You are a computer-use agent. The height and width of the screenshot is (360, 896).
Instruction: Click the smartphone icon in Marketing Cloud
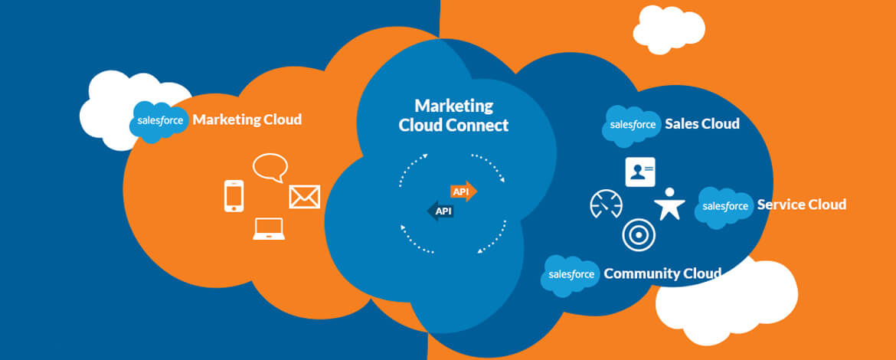click(234, 195)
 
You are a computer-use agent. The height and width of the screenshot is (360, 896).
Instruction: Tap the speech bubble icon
click(270, 167)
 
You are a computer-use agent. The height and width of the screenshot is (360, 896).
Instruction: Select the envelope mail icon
click(304, 197)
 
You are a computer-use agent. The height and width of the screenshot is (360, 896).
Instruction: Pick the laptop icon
click(268, 229)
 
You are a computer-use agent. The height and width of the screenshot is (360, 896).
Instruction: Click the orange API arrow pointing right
click(463, 191)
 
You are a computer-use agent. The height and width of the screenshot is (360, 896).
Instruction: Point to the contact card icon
click(640, 172)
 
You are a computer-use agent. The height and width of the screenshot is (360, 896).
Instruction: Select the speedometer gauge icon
click(606, 205)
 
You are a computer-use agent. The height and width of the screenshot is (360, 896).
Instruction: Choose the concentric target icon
click(637, 235)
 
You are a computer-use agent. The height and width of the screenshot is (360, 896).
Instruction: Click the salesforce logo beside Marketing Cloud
click(160, 121)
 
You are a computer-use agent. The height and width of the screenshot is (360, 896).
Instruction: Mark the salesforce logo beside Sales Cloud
click(632, 125)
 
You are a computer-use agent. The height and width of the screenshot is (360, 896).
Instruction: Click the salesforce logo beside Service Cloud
click(724, 206)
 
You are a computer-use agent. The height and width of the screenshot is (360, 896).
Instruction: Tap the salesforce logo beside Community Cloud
click(571, 274)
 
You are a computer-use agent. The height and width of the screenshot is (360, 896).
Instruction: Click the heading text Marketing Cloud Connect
click(453, 116)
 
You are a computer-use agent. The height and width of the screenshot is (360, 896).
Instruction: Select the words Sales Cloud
click(702, 124)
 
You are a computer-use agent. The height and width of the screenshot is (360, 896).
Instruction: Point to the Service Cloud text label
click(801, 205)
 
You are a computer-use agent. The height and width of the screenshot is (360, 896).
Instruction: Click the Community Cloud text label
click(662, 273)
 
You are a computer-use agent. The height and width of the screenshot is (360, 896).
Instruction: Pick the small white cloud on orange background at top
click(668, 29)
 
